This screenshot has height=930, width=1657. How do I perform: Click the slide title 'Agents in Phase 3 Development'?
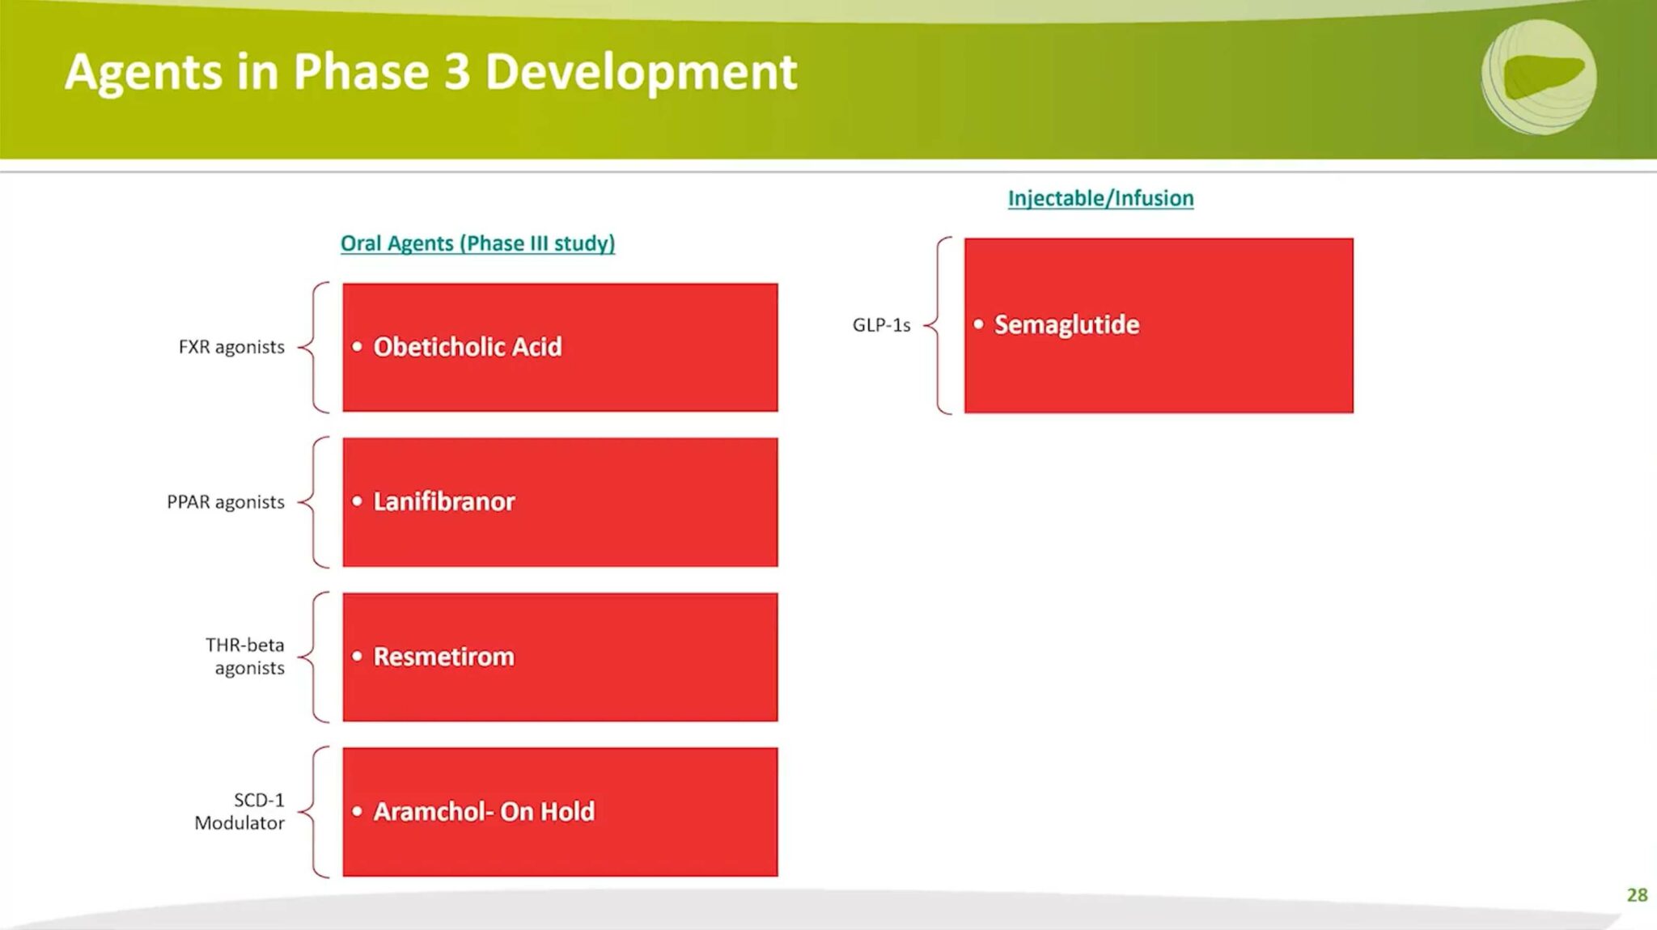pyautogui.click(x=431, y=73)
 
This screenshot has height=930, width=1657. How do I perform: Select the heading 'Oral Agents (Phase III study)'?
pyautogui.click(x=477, y=243)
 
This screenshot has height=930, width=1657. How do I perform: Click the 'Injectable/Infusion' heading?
pyautogui.click(x=1100, y=198)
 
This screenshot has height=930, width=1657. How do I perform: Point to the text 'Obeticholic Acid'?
pyautogui.click(x=468, y=347)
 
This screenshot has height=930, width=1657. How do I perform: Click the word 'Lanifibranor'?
pyautogui.click(x=444, y=501)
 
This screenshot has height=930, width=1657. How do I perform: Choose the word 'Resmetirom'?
pyautogui.click(x=443, y=657)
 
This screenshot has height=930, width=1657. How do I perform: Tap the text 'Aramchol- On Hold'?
pyautogui.click(x=484, y=811)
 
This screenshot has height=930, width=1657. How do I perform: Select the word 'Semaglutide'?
pyautogui.click(x=1066, y=324)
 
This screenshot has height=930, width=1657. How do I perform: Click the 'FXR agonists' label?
pyautogui.click(x=231, y=347)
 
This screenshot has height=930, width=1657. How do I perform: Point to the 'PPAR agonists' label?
pyautogui.click(x=226, y=502)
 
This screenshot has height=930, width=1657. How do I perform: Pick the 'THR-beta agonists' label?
pyautogui.click(x=245, y=657)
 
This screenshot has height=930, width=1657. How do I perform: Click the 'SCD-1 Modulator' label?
pyautogui.click(x=239, y=811)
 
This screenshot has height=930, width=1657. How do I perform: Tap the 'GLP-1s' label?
pyautogui.click(x=881, y=325)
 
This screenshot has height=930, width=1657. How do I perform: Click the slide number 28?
pyautogui.click(x=1637, y=895)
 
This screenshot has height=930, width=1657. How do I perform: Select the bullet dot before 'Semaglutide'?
pyautogui.click(x=978, y=324)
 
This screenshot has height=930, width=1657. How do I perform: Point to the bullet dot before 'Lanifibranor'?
pyautogui.click(x=357, y=501)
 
